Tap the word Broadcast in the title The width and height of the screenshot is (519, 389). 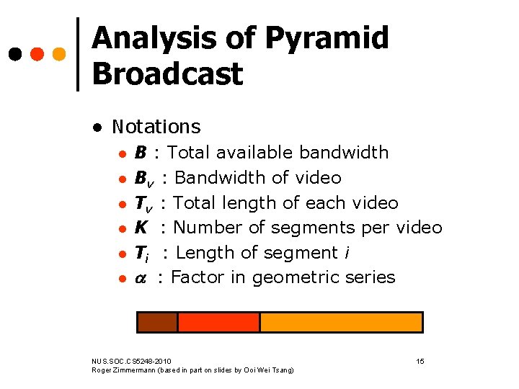click(167, 73)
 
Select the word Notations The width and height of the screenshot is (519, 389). click(156, 127)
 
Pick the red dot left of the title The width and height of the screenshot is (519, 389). click(36, 54)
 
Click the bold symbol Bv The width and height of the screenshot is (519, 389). click(144, 178)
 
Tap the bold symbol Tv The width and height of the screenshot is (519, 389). click(144, 203)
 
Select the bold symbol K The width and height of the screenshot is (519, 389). click(142, 228)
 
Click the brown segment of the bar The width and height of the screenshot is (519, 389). click(157, 322)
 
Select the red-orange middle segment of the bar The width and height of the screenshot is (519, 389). click(218, 322)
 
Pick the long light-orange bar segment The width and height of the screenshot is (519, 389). click(341, 322)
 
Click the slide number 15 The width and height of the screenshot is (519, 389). click(420, 360)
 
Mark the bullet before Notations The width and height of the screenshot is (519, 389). click(96, 128)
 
